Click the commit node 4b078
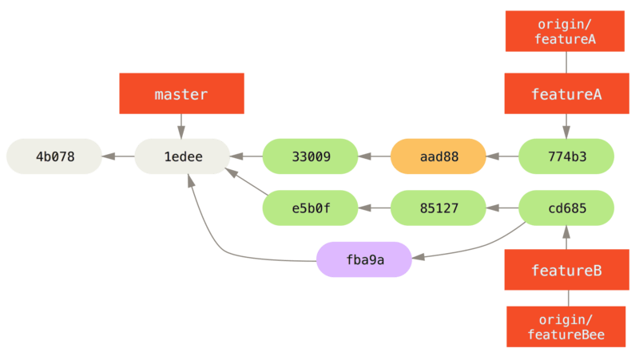click(x=54, y=156)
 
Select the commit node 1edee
click(x=182, y=156)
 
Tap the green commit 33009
click(x=310, y=156)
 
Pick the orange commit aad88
click(x=438, y=156)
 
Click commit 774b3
click(x=566, y=156)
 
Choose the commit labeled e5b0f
click(x=310, y=208)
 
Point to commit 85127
click(x=438, y=208)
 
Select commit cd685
click(x=566, y=208)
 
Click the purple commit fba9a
click(x=364, y=259)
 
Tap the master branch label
click(x=181, y=93)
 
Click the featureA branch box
click(x=566, y=93)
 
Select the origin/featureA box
click(x=566, y=31)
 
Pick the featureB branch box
click(x=566, y=270)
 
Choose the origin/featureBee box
click(x=566, y=326)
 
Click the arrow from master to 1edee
click(x=181, y=126)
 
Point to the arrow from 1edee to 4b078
click(x=118, y=156)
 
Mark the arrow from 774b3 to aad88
click(x=502, y=156)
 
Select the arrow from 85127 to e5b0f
click(x=374, y=208)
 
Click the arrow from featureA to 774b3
click(x=566, y=126)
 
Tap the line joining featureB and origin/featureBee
click(x=566, y=298)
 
